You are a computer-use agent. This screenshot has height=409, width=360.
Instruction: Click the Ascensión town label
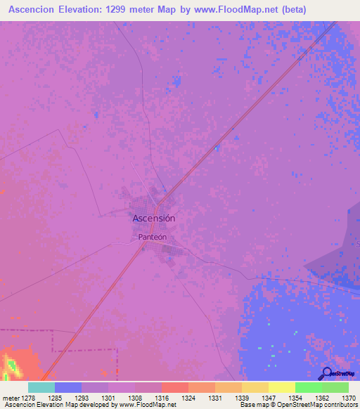click(154, 219)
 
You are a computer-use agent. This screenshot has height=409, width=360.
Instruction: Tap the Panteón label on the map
click(153, 238)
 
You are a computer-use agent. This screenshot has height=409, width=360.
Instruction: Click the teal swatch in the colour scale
click(41, 387)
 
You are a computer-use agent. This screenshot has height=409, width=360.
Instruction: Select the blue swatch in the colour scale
click(68, 387)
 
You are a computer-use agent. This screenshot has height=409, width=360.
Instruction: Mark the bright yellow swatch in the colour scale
click(282, 387)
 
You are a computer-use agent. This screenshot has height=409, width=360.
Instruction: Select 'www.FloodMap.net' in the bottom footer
click(148, 405)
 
